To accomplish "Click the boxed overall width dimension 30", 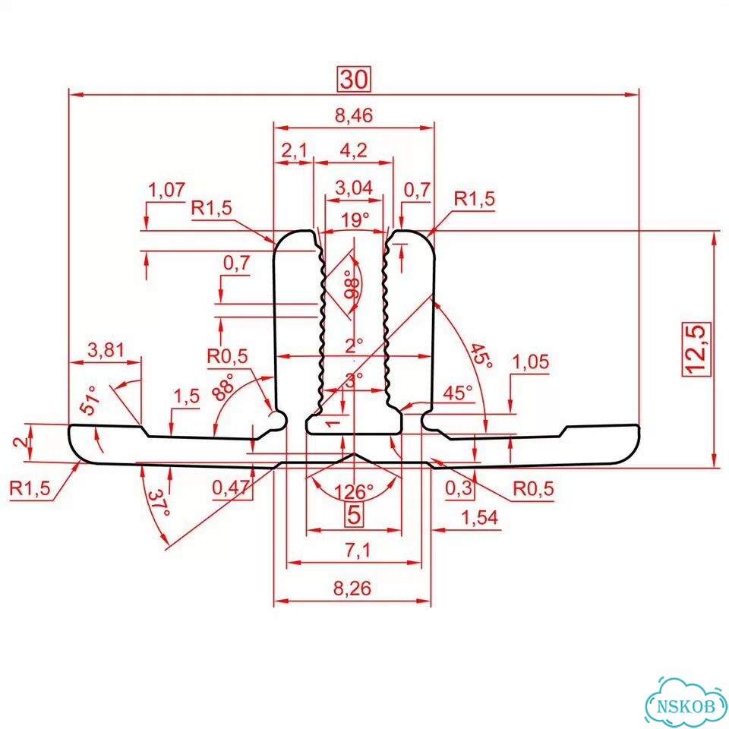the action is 354,80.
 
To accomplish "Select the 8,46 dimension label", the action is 354,115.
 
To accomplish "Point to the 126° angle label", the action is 354,491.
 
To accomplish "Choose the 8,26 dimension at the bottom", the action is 352,589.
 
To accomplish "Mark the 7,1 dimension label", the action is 358,551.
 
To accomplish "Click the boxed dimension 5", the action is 354,515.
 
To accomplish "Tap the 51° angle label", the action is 90,400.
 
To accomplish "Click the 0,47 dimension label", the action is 231,488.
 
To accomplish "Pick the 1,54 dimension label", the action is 479,517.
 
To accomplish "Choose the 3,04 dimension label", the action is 355,188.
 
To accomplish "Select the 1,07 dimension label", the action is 166,190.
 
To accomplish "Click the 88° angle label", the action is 223,387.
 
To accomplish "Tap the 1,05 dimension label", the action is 531,361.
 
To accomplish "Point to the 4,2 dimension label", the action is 354,150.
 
